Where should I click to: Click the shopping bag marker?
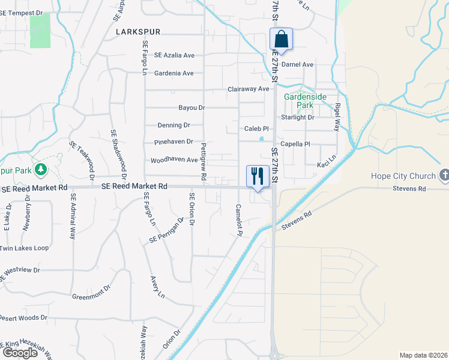[x=281, y=40]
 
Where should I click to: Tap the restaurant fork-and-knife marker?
[x=258, y=176]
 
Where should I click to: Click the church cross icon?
[x=444, y=175]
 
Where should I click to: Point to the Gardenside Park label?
[x=299, y=100]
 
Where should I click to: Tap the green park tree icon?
[x=41, y=169]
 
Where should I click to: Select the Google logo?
[x=20, y=352]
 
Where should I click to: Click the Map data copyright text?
[x=423, y=355]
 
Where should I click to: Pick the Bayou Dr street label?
[x=192, y=108]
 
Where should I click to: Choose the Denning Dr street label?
[x=173, y=125]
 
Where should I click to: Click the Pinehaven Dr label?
[x=173, y=142]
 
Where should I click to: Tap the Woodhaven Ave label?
[x=174, y=160]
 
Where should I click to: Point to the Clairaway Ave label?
[x=248, y=89]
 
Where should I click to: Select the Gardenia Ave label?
[x=173, y=73]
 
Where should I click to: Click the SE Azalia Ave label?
[x=174, y=55]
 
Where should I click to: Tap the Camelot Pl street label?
[x=238, y=219]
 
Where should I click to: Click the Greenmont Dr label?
[x=92, y=292]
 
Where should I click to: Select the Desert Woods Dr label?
[x=23, y=317]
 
